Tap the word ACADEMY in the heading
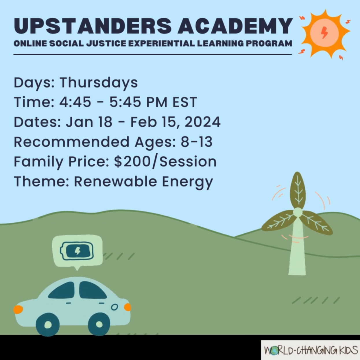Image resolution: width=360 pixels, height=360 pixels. click(x=235, y=26)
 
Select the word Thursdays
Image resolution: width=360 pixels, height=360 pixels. click(x=99, y=83)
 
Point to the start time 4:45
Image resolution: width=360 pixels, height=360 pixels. click(x=75, y=102)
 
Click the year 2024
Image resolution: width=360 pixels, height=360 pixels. click(x=202, y=122)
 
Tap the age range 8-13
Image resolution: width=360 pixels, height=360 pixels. click(x=197, y=142)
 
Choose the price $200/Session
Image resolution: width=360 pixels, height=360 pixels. click(x=165, y=162)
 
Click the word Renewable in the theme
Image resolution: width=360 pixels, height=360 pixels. click(x=115, y=182)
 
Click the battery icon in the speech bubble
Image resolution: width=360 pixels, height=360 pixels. click(x=77, y=251)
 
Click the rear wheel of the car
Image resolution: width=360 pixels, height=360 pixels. click(x=99, y=324)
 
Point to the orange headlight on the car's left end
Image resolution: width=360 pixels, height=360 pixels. click(x=18, y=309)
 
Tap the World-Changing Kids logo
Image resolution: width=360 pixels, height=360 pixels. click(x=311, y=350)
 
